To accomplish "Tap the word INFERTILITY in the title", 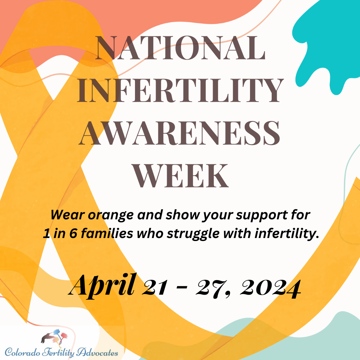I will pyautogui.click(x=180, y=91).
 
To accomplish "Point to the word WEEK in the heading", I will pyautogui.click(x=180, y=175).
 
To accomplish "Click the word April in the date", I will pyautogui.click(x=103, y=285).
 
